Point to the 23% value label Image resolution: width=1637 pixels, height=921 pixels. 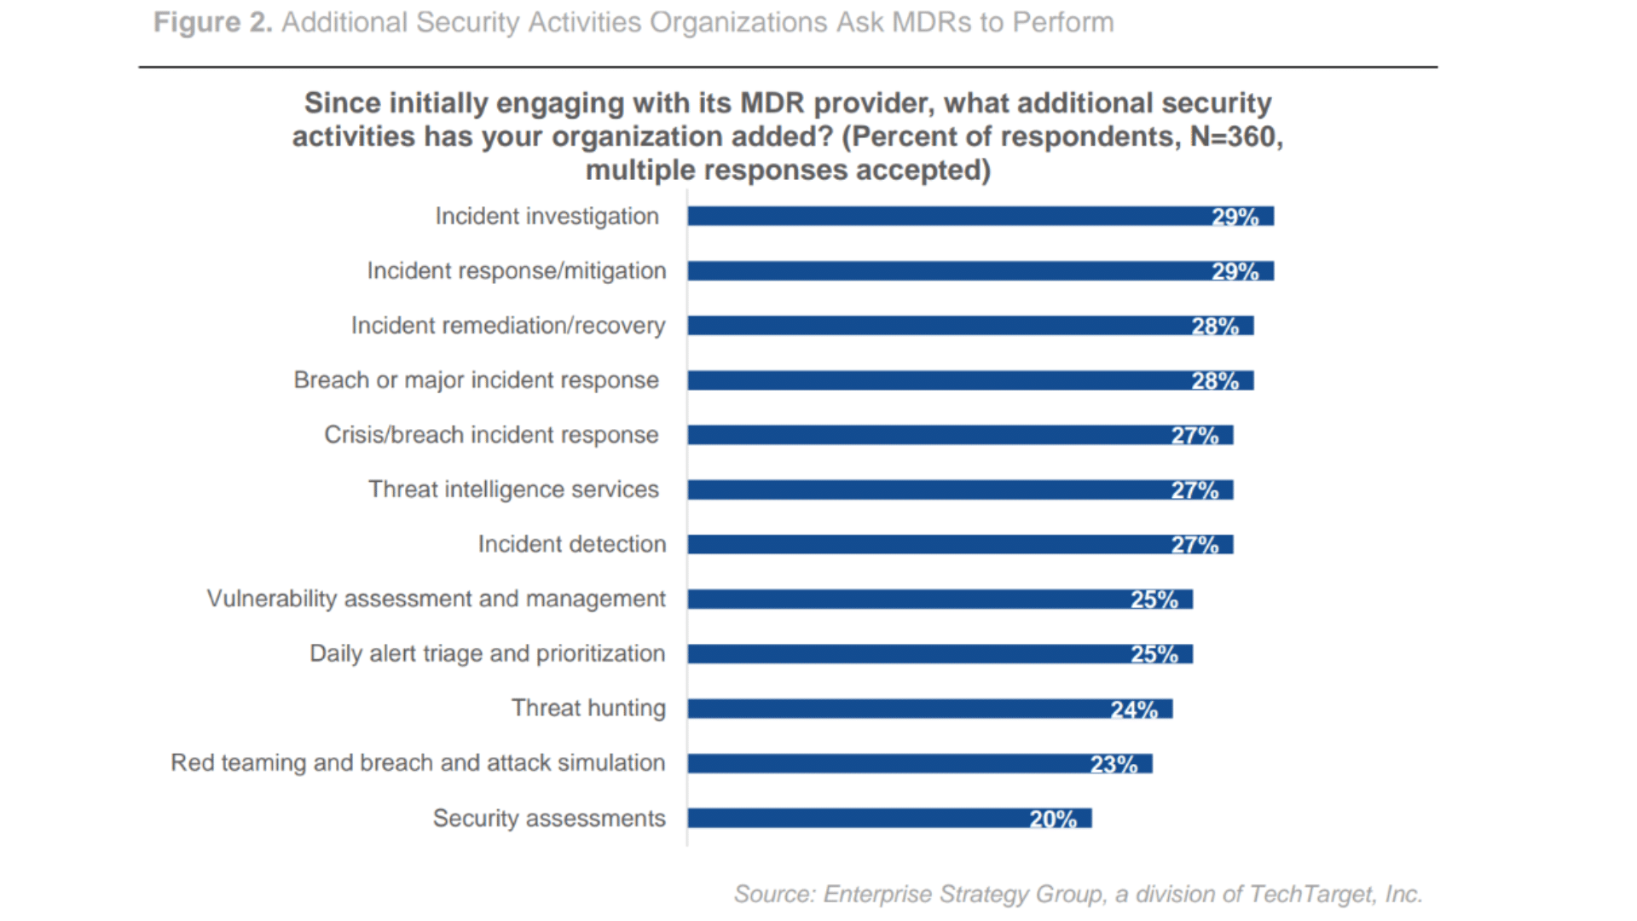[x=1114, y=764]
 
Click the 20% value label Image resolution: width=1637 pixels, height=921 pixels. [x=1053, y=819]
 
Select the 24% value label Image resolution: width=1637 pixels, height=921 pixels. [x=1134, y=710]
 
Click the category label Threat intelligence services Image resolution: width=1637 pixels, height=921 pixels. [x=513, y=489]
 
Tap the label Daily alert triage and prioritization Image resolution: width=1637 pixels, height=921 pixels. [x=487, y=653]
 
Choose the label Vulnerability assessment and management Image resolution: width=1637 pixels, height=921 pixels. [x=436, y=599]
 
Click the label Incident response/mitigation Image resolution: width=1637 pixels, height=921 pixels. [x=517, y=271]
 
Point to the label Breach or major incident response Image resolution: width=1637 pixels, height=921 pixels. [x=476, y=380]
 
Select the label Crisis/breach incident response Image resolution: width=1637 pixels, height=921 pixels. [x=491, y=435]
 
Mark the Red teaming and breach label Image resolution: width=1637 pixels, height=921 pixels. [x=418, y=762]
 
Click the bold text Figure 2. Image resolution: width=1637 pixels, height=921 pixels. [x=212, y=22]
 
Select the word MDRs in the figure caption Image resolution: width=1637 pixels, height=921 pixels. [x=932, y=22]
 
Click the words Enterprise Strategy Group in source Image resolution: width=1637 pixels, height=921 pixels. [x=964, y=894]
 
